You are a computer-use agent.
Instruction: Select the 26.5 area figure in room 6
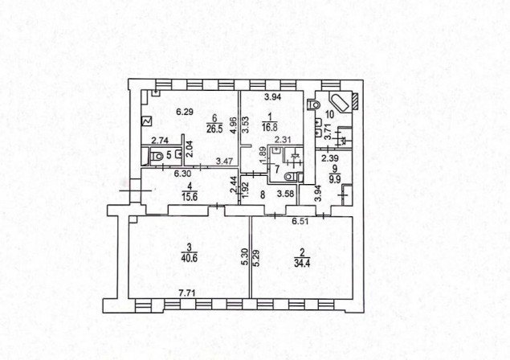pos(214,129)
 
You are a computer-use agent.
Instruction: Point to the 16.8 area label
pos(270,127)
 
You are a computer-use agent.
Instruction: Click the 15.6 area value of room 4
pos(190,197)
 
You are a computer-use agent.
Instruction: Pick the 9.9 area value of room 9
pos(334,178)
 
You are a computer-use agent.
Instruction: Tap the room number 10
pos(329,114)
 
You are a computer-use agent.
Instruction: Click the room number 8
pos(262,194)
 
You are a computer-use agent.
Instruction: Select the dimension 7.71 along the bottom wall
pos(187,293)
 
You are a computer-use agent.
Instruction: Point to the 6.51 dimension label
pos(300,222)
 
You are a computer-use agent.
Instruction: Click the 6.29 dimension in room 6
pos(185,112)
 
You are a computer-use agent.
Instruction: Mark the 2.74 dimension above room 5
pos(160,141)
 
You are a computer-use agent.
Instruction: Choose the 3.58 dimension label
pos(286,194)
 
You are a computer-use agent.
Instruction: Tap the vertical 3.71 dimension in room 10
pos(328,132)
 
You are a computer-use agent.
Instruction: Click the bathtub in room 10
pos(340,102)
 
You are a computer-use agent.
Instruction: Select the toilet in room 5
pos(157,156)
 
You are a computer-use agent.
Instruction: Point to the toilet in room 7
pos(290,178)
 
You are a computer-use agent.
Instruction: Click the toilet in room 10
pos(313,104)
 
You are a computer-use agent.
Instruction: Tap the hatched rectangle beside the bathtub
pos(355,101)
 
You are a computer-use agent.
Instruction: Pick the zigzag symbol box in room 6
pos(146,121)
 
